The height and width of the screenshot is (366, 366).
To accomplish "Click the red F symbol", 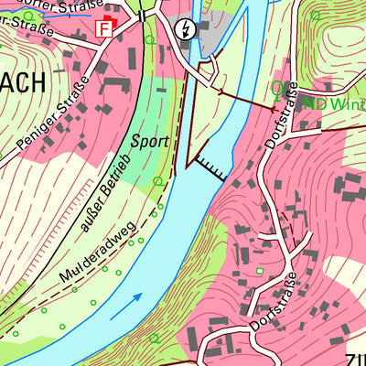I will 104,28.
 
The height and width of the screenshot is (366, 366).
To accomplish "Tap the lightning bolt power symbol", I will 188,29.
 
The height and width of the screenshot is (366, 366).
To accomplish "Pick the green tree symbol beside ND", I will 278,90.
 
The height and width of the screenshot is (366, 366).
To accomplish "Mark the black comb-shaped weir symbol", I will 210,168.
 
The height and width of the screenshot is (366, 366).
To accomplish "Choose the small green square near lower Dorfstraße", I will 260,270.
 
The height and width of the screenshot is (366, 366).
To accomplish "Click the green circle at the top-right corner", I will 316,16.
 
